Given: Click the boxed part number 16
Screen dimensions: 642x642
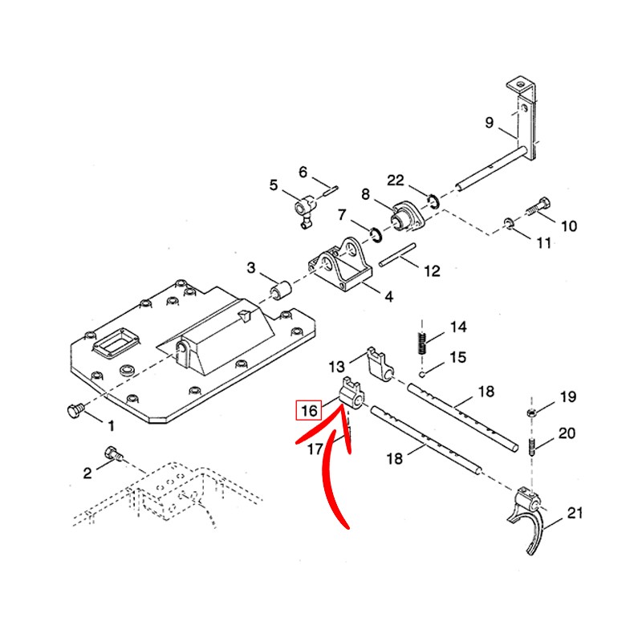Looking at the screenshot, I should (x=307, y=410).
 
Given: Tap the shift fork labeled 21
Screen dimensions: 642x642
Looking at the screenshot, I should (x=530, y=518).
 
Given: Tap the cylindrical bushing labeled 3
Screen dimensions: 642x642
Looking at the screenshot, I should (x=281, y=287).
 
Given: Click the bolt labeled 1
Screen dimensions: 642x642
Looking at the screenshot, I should (x=73, y=410).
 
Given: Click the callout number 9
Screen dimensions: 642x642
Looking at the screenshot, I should (x=490, y=123).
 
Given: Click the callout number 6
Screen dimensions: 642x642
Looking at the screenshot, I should (x=303, y=172).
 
